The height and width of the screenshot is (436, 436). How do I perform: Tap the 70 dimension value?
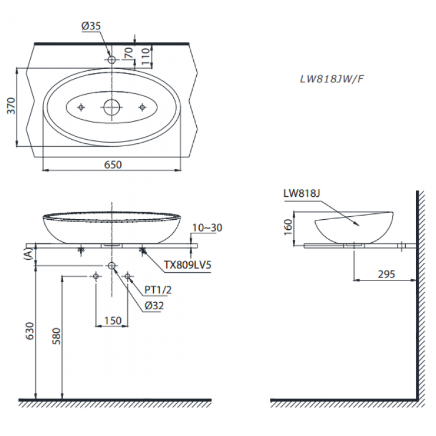point(128,54)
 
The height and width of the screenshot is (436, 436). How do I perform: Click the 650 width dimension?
point(113,165)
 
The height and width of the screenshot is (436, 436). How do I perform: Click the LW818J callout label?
point(300,193)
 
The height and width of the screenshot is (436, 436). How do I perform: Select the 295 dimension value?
point(385,273)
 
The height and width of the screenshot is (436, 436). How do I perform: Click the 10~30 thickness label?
point(207,227)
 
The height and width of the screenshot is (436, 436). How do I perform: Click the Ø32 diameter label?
point(154,305)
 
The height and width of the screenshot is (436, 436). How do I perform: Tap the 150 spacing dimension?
point(112,321)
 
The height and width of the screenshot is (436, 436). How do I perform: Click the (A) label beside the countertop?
point(27,255)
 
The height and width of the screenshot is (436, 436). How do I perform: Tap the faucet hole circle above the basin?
point(111,60)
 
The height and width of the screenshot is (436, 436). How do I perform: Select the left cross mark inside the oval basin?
point(81,107)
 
